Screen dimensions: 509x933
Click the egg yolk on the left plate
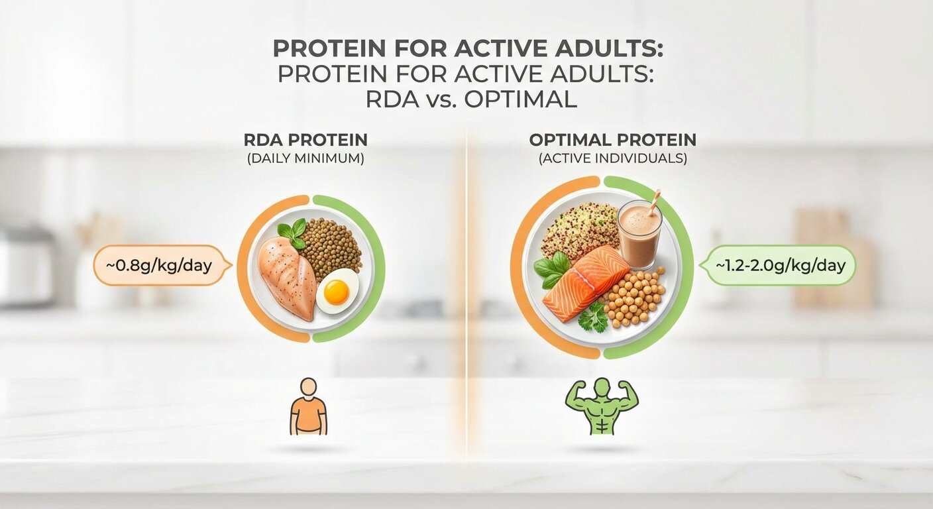(337, 292)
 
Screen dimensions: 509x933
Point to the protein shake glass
(639, 234)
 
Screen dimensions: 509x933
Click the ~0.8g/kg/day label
(159, 266)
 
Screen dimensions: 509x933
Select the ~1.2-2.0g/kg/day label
(780, 266)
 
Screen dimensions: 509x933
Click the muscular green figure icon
(601, 406)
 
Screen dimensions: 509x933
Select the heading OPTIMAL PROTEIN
(612, 141)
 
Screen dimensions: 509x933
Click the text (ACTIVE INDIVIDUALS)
(612, 158)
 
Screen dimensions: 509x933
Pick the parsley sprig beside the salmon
(593, 317)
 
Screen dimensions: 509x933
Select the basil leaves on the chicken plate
(292, 233)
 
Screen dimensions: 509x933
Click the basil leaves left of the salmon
(551, 270)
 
